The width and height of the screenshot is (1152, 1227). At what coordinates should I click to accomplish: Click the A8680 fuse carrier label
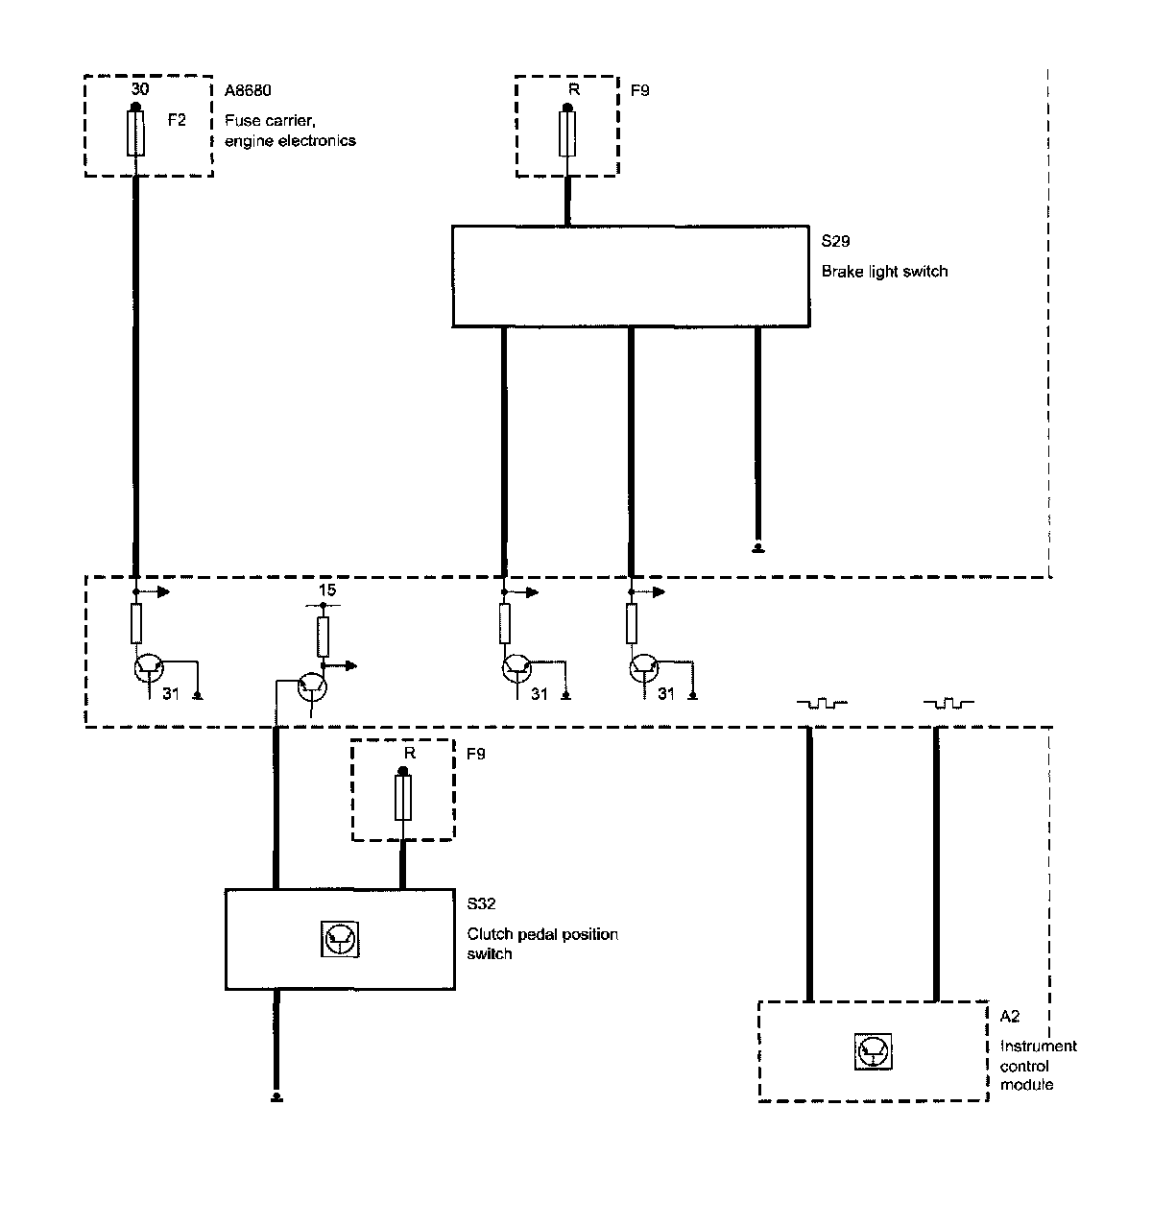click(248, 91)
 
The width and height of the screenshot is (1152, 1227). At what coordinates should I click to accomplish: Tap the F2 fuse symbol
click(136, 132)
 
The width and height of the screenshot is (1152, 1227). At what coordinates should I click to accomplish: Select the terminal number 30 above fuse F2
click(139, 88)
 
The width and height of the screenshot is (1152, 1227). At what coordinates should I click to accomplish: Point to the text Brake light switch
click(884, 272)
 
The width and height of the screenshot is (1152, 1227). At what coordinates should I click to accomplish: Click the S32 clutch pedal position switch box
click(340, 939)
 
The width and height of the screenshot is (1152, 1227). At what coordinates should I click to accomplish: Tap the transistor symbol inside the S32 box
click(340, 939)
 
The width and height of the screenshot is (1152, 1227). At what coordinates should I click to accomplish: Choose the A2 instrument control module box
click(873, 1051)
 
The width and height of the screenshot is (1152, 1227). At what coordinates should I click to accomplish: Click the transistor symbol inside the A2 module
click(873, 1052)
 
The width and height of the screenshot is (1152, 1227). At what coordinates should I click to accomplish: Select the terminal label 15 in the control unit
click(327, 590)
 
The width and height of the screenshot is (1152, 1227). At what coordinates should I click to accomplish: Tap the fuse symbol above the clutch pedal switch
click(403, 798)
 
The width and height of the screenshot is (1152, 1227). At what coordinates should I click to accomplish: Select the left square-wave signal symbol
click(822, 704)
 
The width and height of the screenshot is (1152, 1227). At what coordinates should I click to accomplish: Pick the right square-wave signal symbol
click(948, 704)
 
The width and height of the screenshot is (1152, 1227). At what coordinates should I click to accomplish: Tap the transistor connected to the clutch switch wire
click(311, 686)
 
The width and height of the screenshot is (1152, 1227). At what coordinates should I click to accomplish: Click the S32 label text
click(481, 903)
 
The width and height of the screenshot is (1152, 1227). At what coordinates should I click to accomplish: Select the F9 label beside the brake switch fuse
click(640, 91)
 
